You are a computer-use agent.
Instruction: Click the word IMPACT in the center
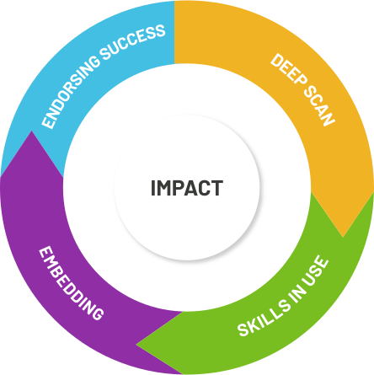point(187,188)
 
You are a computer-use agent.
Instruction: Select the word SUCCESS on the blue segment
point(133,41)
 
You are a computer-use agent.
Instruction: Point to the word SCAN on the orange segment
point(319,105)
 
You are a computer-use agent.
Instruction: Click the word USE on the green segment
point(316,271)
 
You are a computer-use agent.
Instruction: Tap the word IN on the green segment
point(297,294)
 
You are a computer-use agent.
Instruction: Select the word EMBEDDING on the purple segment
point(71,283)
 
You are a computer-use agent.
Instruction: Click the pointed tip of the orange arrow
point(343,237)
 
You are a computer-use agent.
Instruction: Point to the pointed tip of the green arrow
point(136,344)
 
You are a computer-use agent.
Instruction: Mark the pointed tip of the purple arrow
point(31,131)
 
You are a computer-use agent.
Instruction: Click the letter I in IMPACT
point(153,188)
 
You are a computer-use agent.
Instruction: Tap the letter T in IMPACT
point(217,188)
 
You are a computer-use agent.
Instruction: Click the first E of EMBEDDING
point(45,253)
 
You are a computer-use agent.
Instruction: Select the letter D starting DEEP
point(277,60)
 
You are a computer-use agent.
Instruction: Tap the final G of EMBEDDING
point(97,313)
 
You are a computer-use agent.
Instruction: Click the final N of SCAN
point(328,119)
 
